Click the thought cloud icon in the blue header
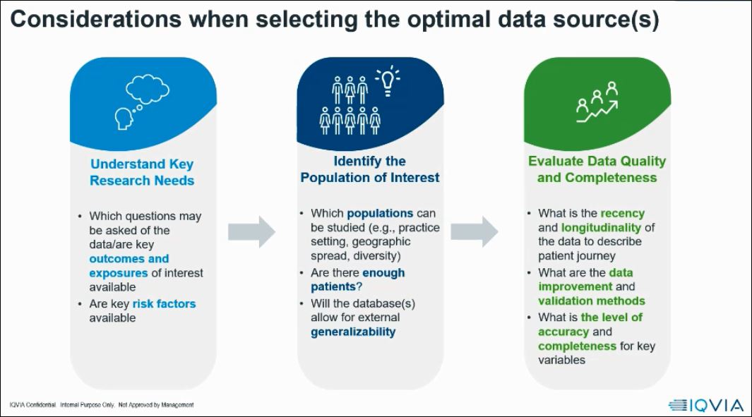[148, 90]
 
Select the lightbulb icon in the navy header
[388, 81]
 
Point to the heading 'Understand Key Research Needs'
[141, 172]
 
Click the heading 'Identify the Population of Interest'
[370, 169]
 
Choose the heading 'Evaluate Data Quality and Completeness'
[597, 169]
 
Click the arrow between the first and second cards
[251, 231]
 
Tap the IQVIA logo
[705, 405]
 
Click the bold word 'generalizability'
[353, 332]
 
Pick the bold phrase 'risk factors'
[164, 303]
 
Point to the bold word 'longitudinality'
[601, 227]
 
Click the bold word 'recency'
[622, 213]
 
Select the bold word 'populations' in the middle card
[380, 213]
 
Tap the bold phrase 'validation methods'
[582, 301]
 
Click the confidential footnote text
[102, 405]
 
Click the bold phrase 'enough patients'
[358, 280]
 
